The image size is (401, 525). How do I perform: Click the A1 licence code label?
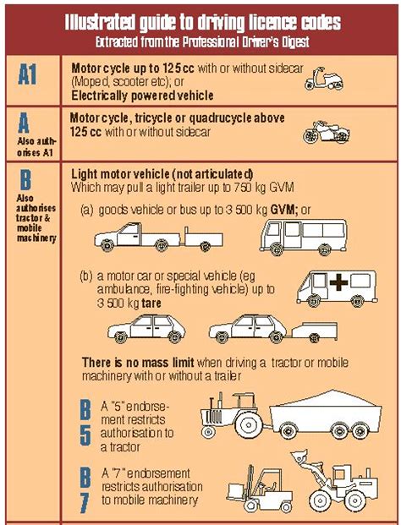31,75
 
